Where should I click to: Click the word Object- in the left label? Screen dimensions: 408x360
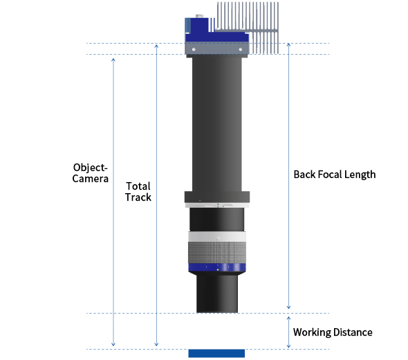[x=91, y=168]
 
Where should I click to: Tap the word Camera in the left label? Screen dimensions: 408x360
[x=91, y=179]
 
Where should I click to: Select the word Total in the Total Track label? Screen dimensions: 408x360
[x=138, y=186]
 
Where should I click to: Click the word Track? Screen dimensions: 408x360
[x=138, y=197]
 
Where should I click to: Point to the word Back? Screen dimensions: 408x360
[x=304, y=174]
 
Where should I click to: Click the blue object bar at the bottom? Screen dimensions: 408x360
[x=216, y=354]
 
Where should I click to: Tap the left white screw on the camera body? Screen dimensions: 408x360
[x=194, y=49]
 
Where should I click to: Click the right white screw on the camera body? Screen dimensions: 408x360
[x=241, y=49]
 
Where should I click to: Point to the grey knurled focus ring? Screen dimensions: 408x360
[x=217, y=253]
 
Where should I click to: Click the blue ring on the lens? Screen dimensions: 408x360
[x=217, y=267]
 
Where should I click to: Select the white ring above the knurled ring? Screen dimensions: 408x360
[x=217, y=237]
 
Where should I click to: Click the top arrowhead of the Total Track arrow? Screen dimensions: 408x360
[x=156, y=46]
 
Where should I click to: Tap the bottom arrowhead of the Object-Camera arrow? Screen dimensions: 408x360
[x=113, y=345]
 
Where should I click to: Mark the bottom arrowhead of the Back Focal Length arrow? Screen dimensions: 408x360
[x=288, y=307]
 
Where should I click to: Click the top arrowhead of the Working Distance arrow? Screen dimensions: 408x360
[x=288, y=318]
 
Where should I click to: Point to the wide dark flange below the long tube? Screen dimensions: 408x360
[x=217, y=197]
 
